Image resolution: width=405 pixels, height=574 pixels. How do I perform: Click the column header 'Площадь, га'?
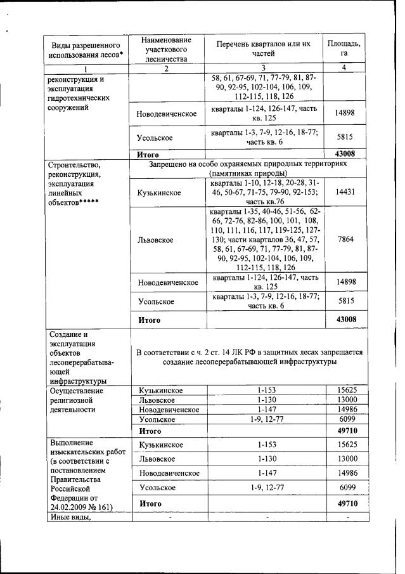345,48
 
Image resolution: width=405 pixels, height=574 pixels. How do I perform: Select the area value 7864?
345,240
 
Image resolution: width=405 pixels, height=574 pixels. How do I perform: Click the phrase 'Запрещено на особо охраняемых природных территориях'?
248,164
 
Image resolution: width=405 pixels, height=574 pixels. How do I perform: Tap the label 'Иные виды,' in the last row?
68,518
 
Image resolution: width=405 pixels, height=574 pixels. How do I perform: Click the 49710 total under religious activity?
345,431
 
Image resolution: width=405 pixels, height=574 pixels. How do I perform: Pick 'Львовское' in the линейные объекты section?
156,240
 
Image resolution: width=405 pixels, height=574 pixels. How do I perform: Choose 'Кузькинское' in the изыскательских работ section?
161,445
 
